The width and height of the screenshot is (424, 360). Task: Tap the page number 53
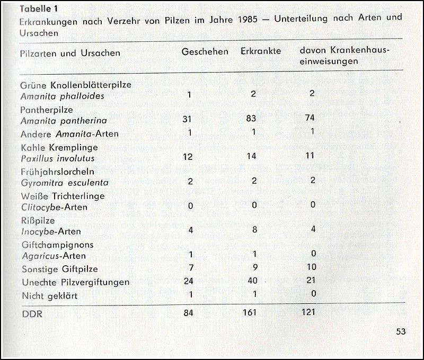[401, 332]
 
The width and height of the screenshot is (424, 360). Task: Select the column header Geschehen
[205, 52]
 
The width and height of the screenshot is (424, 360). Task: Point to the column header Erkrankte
[260, 52]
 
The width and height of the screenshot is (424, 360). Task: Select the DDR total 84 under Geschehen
[189, 313]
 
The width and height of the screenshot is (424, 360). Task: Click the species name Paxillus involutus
[57, 158]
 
